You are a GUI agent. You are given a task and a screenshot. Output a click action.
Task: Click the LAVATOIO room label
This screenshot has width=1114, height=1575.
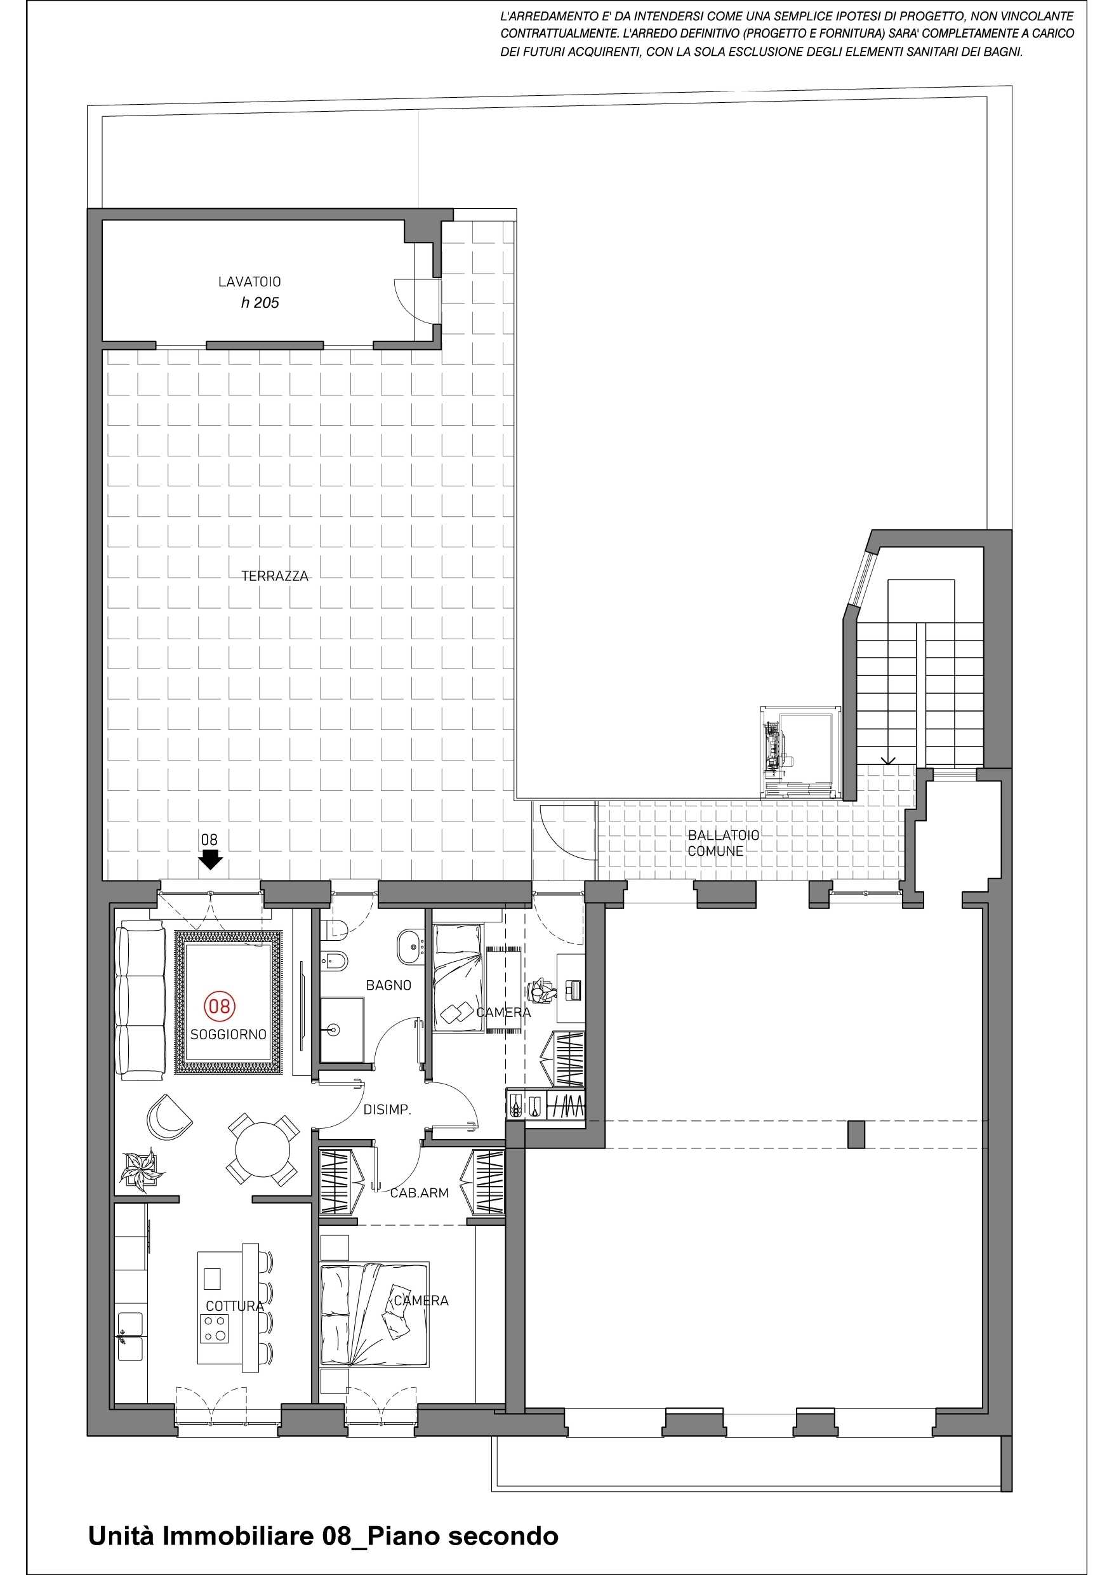pos(249,281)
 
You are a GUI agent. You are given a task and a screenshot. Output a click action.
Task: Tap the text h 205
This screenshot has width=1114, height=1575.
pos(260,303)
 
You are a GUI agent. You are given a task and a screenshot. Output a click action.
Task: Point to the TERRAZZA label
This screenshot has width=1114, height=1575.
pos(275,576)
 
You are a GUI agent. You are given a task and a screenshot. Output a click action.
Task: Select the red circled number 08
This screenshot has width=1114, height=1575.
pos(220,1006)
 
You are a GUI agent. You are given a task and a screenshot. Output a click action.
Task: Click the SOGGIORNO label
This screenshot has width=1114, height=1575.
pos(229,1035)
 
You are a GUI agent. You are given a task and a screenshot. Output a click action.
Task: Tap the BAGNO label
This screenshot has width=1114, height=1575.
pos(388,985)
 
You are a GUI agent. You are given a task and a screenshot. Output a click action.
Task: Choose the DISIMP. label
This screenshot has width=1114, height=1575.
pos(387,1109)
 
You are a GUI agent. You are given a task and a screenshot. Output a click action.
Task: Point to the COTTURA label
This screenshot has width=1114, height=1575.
pos(235,1306)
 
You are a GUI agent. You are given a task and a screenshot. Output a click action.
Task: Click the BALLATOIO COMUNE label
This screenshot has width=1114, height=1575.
pos(724,843)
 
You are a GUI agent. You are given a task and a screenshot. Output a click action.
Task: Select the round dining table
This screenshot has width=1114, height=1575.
pos(262,1149)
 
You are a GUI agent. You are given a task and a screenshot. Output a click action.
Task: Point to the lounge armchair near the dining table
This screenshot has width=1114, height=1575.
pos(169,1117)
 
